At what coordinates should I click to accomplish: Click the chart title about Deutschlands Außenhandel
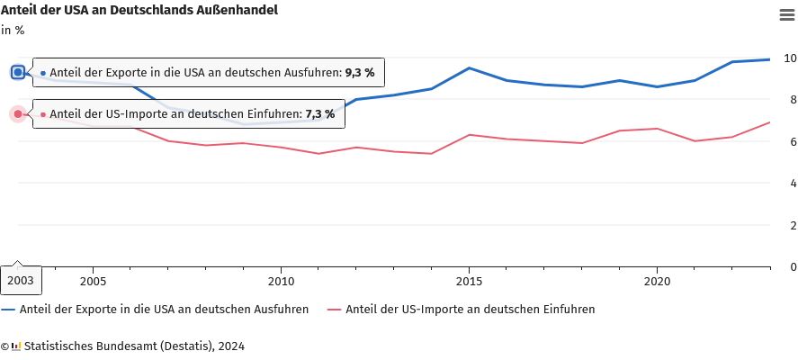tap(139, 11)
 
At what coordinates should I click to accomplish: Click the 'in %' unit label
tap(13, 30)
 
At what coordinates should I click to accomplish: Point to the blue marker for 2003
tap(18, 72)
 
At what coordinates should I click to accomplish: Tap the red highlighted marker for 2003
tap(18, 114)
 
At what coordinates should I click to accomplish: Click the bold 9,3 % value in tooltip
tap(359, 72)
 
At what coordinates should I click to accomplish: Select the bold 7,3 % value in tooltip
tap(319, 114)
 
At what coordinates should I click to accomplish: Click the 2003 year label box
tap(20, 281)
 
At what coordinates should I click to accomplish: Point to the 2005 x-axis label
tap(93, 281)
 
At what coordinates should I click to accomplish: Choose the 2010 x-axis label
tap(281, 281)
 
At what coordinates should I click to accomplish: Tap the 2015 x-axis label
tap(469, 281)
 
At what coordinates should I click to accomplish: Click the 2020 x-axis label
tap(657, 281)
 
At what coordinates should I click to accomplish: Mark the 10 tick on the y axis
tap(790, 58)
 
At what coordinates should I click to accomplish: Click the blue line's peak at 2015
tap(469, 68)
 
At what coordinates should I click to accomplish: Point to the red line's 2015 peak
tap(469, 135)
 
